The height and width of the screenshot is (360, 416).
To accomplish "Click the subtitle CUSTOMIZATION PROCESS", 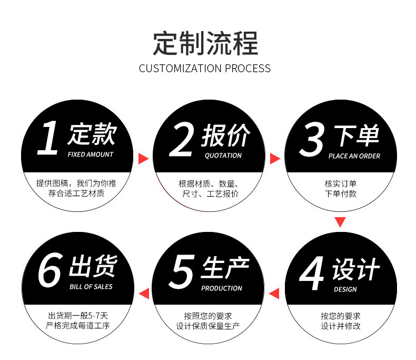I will coord(205,69).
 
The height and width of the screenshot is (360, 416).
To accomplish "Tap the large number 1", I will coord(48,138).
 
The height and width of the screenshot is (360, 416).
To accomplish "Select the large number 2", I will coord(182,139).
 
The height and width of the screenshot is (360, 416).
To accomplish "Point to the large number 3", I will coord(312,140).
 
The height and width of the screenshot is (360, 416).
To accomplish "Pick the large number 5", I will coord(182,271).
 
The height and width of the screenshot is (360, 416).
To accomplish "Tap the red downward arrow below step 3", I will coord(341,222).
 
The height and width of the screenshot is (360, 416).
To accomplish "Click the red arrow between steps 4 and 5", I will coord(274,293).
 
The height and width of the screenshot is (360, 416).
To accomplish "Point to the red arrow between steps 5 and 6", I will coord(143,293).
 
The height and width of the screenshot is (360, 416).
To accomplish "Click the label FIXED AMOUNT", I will coord(91,154).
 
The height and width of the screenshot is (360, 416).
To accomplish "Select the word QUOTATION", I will coord(223,155).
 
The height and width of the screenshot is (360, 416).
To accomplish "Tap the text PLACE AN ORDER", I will coord(354,156).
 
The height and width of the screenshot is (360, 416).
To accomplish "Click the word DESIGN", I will coord(345,289).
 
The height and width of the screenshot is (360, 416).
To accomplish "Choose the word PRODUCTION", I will coord(222,288).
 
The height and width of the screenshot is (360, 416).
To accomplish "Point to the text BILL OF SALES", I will coord(91,287).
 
